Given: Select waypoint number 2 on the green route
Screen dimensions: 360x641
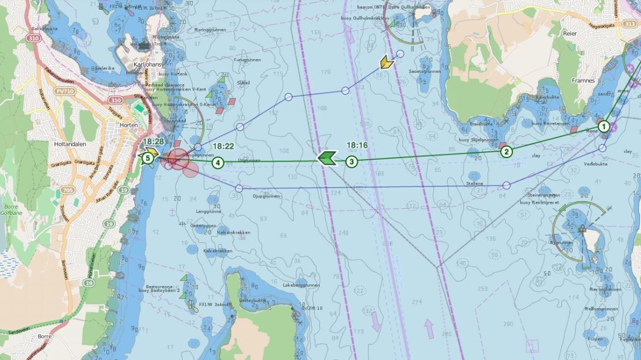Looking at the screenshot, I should (x=506, y=151).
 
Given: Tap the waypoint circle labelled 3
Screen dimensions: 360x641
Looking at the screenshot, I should (x=352, y=162).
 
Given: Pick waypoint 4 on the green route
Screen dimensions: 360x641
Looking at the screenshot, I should (x=217, y=163).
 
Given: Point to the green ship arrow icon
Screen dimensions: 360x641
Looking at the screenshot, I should (x=326, y=158).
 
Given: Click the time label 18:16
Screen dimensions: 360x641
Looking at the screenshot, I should (x=357, y=146).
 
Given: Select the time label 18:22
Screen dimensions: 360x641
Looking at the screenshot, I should (x=223, y=146).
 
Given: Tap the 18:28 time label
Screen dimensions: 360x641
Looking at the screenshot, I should (x=154, y=141).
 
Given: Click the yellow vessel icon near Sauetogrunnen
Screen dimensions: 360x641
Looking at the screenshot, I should (x=387, y=62).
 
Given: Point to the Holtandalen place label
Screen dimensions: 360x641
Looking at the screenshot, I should (x=69, y=144).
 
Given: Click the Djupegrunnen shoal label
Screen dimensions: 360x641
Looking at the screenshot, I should (x=266, y=196).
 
